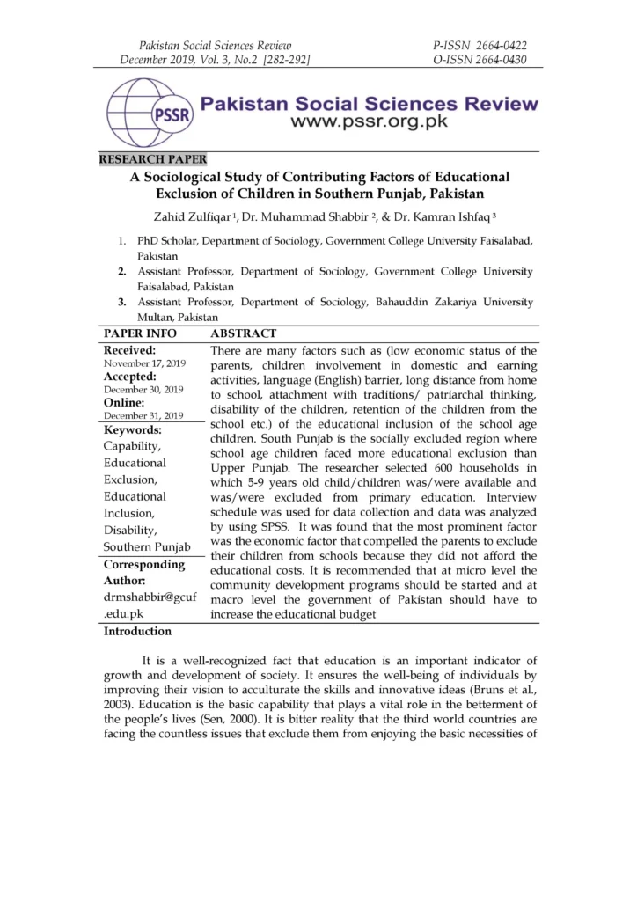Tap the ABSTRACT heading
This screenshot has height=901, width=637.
pos(244,333)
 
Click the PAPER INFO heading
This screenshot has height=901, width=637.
pos(141,333)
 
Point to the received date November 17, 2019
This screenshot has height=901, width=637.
pos(143,363)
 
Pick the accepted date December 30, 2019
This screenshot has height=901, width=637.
pos(143,389)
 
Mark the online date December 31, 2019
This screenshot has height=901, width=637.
pos(143,415)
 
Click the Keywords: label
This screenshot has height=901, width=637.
pos(133,430)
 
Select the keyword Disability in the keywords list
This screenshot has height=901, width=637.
pos(131,530)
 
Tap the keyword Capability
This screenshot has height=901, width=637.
pos(133,446)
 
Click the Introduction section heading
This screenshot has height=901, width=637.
pos(138,631)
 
